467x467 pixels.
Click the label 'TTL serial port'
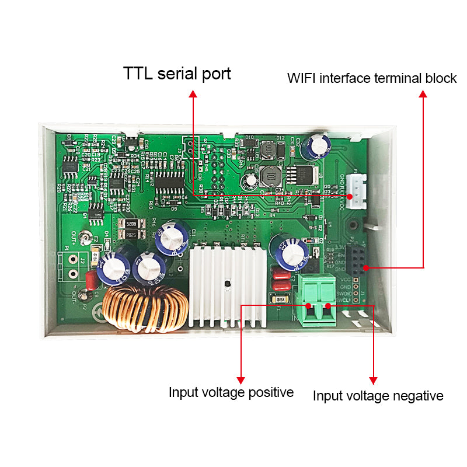point(177,74)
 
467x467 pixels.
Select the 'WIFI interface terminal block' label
point(372,78)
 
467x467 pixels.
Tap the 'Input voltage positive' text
point(231,392)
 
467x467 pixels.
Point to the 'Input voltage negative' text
point(378,396)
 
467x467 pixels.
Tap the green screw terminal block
point(318,299)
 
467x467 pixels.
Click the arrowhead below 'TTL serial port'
point(192,93)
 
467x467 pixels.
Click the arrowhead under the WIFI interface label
point(423,93)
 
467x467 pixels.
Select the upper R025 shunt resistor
point(130,223)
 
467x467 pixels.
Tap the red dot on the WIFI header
point(365,268)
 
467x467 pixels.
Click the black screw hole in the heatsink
point(228,286)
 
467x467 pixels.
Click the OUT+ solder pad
point(85,238)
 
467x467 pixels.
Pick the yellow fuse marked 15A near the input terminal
point(280,300)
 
